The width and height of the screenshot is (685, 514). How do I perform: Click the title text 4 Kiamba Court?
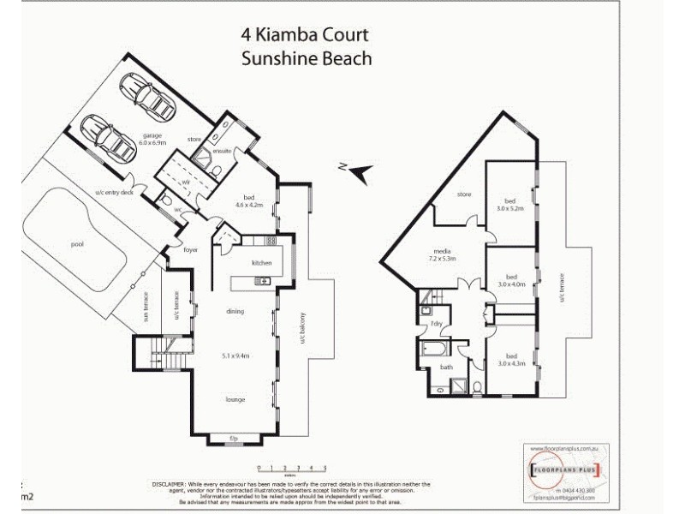306,35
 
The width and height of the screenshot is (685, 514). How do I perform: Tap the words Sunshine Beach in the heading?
306,58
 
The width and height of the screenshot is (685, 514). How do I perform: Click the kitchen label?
261,262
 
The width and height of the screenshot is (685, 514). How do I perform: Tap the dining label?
236,311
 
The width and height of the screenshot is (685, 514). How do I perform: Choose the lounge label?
237,399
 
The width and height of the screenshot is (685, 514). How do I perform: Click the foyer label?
191,249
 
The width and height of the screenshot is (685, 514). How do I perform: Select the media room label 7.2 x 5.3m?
443,254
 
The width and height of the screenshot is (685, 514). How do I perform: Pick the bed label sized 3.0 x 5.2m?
511,204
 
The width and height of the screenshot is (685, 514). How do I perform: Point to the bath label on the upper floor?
446,367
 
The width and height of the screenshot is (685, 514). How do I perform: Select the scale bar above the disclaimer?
292,467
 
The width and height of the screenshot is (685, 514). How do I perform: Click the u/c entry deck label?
115,192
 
